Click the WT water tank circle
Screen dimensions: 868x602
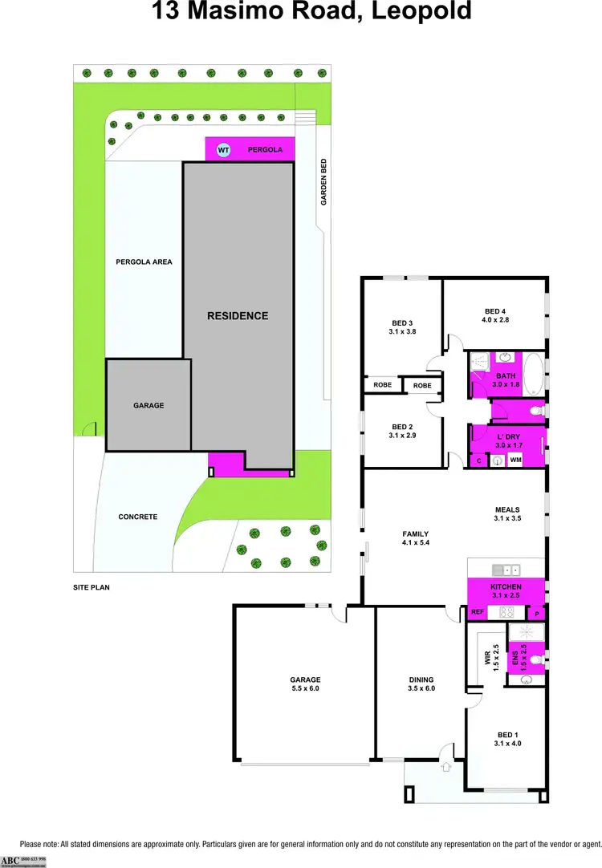tap(224, 149)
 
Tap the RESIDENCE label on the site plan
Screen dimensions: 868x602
tap(238, 315)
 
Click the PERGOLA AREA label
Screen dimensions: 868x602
tap(144, 262)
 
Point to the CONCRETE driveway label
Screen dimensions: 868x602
tap(138, 517)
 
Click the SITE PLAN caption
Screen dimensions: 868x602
tap(91, 587)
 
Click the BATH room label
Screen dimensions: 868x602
tap(506, 375)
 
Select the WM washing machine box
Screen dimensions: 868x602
tap(515, 460)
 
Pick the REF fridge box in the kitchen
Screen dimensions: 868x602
tap(478, 612)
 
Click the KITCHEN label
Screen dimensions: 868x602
tap(506, 587)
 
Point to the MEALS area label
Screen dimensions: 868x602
tap(507, 509)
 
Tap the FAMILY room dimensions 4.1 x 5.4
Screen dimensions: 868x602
tap(415, 542)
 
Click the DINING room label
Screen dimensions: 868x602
tap(421, 679)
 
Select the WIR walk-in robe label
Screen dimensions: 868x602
tap(487, 659)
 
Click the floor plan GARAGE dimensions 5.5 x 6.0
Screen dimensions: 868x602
tap(305, 688)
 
